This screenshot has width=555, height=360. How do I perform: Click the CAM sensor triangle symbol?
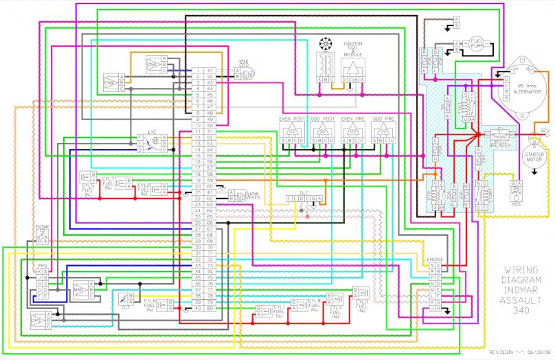110,82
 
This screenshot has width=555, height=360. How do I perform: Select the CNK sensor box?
152,66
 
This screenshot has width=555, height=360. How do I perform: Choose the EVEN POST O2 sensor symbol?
292,130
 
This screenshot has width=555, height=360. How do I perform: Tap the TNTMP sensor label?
42,226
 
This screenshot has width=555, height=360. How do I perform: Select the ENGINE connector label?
435,259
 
